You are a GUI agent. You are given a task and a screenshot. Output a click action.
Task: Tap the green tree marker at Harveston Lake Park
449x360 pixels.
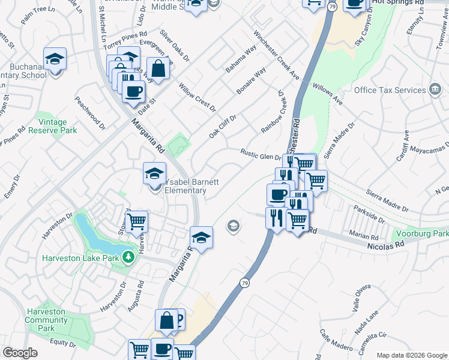tap(128, 257)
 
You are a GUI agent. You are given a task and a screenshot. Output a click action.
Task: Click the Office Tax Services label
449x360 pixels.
tap(390, 90)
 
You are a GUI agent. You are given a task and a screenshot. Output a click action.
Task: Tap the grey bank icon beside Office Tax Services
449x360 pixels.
tap(434, 90)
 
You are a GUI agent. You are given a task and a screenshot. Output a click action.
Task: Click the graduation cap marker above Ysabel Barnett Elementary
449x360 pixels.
tap(154, 173)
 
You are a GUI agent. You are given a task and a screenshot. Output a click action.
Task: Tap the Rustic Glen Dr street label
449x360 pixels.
tap(261, 154)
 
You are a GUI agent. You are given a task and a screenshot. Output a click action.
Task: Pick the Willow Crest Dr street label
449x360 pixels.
tap(197, 98)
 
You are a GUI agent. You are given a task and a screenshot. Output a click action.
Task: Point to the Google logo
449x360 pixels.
tap(20, 353)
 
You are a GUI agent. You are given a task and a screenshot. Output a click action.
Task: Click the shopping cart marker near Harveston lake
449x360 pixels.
tap(137, 221)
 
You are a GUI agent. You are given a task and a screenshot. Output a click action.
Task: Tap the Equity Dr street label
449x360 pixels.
tap(62, 343)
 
